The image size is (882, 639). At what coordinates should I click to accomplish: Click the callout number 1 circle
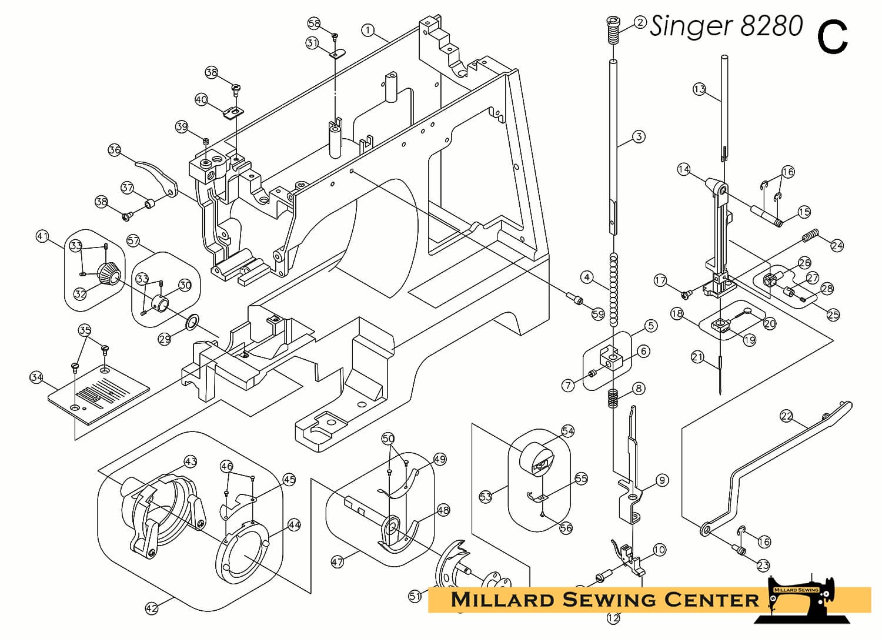[368, 30]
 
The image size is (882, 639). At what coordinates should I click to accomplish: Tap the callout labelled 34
[36, 377]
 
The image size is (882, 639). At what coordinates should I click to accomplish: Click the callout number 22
[786, 416]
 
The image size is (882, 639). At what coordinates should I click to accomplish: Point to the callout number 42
[152, 608]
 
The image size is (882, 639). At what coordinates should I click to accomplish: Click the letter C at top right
[832, 36]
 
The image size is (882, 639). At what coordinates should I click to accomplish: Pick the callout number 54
[567, 431]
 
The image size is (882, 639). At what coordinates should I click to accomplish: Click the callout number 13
[699, 89]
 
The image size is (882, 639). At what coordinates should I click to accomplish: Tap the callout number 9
[662, 480]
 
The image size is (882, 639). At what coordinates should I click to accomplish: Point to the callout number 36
[115, 150]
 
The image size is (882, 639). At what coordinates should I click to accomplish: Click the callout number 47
[337, 562]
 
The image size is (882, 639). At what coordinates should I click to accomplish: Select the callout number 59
[598, 315]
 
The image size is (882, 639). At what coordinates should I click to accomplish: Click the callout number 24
[837, 245]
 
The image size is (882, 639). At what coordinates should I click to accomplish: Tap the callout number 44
[294, 524]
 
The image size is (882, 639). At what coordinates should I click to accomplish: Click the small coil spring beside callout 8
[613, 399]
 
